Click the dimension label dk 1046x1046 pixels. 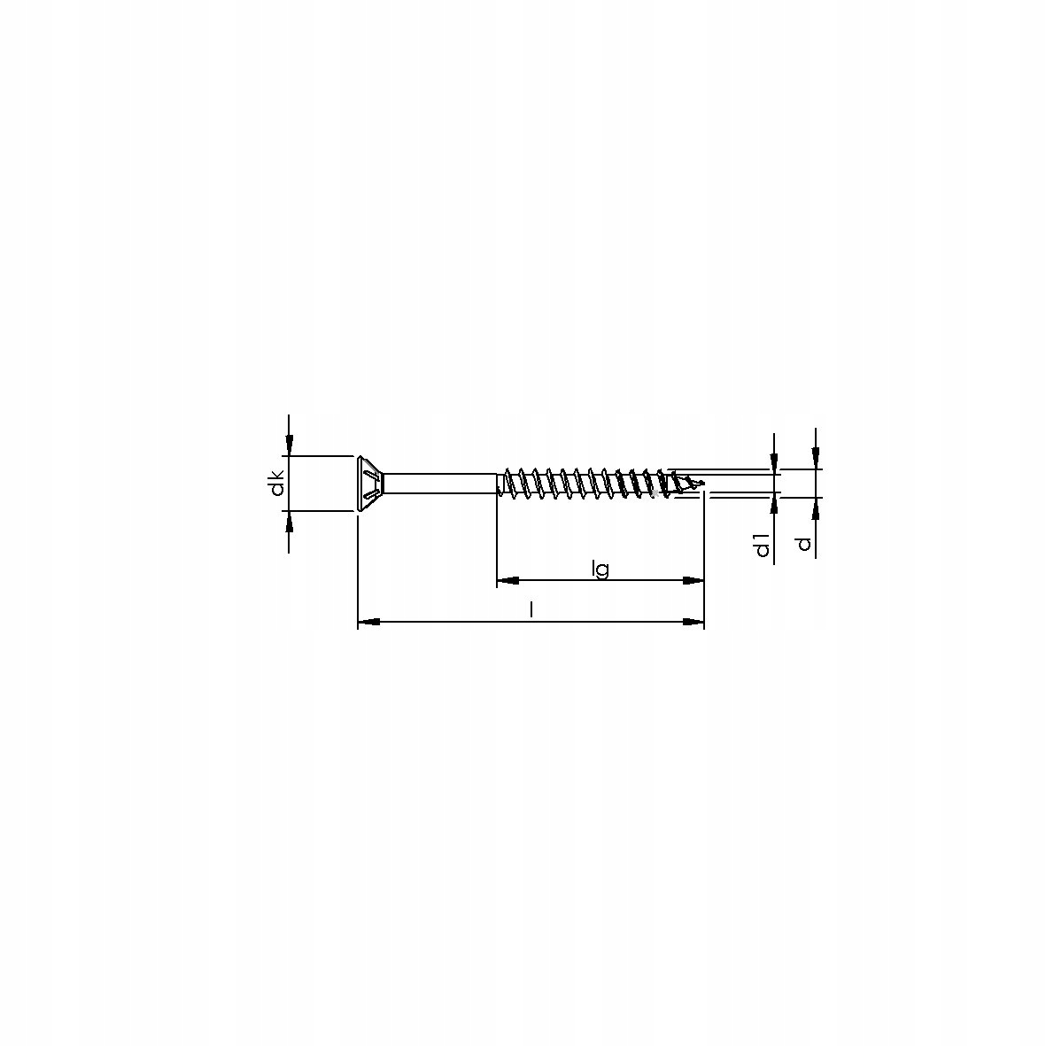pos(277,484)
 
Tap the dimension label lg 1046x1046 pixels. pos(600,569)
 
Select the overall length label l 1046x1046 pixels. pos(531,610)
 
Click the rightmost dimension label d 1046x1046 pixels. pos(803,541)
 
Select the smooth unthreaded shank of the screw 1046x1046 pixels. pos(438,484)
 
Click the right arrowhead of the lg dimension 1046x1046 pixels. pos(694,581)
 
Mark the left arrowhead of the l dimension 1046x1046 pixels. pos(368,623)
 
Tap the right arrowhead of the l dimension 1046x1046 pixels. pos(694,623)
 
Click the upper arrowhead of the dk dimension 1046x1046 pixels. pos(289,446)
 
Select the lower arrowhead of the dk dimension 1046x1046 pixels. pos(289,521)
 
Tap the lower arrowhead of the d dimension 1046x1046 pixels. pos(816,508)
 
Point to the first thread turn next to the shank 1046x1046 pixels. pos(508,484)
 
